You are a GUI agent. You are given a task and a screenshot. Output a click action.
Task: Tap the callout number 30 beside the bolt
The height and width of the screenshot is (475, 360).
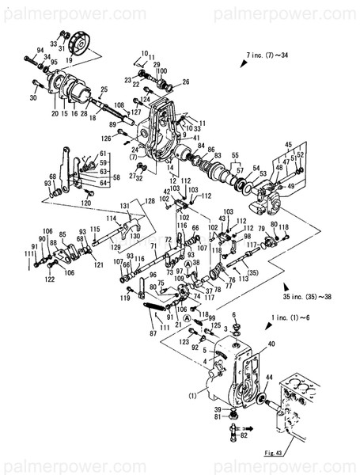33,97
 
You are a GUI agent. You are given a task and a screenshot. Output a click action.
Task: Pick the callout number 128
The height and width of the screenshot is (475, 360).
149,202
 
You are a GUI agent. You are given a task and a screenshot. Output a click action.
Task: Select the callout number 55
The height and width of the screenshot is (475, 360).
233,156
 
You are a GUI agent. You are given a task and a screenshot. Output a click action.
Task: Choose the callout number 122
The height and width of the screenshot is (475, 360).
50,279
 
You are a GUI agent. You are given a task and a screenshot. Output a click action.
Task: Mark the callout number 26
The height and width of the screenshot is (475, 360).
186,82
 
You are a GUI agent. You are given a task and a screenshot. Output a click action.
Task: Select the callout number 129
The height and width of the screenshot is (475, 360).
116,247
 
